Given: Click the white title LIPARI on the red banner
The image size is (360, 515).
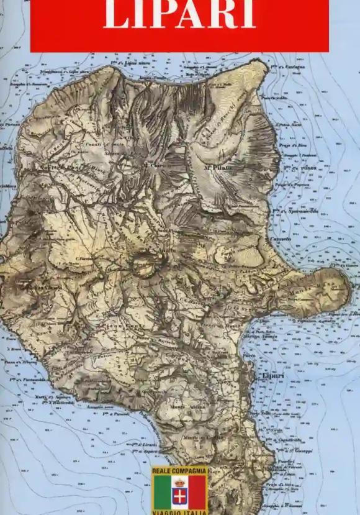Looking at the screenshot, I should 179,16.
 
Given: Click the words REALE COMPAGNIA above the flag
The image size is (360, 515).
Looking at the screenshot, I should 179,472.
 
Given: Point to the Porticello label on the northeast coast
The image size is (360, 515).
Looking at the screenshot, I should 274,98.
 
